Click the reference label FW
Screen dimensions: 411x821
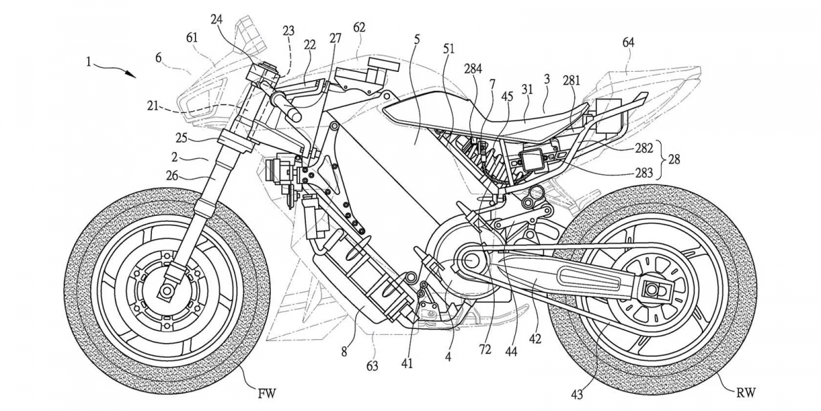[x=268, y=394]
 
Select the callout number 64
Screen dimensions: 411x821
[x=628, y=42]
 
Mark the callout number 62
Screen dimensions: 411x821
[x=359, y=27]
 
